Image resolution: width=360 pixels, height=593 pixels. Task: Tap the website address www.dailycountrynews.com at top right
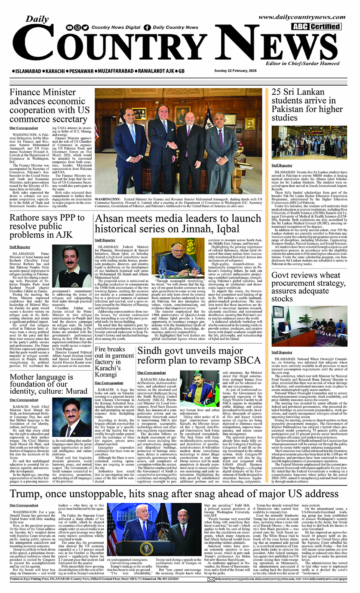click(302, 17)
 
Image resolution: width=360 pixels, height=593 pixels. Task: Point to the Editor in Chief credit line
click(302, 63)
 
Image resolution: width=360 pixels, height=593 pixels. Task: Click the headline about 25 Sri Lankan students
click(307, 104)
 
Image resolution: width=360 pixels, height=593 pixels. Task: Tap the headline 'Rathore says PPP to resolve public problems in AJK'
click(47, 226)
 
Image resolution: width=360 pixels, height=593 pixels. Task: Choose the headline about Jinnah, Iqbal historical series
click(178, 224)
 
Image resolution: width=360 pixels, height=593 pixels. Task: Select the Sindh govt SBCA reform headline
click(199, 356)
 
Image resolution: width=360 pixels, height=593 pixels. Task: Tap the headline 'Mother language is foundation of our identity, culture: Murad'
click(48, 384)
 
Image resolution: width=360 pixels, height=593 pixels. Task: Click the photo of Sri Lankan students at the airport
click(309, 142)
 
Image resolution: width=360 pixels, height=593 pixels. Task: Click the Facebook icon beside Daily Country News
click(147, 28)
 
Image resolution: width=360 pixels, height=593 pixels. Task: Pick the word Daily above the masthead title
click(37, 19)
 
